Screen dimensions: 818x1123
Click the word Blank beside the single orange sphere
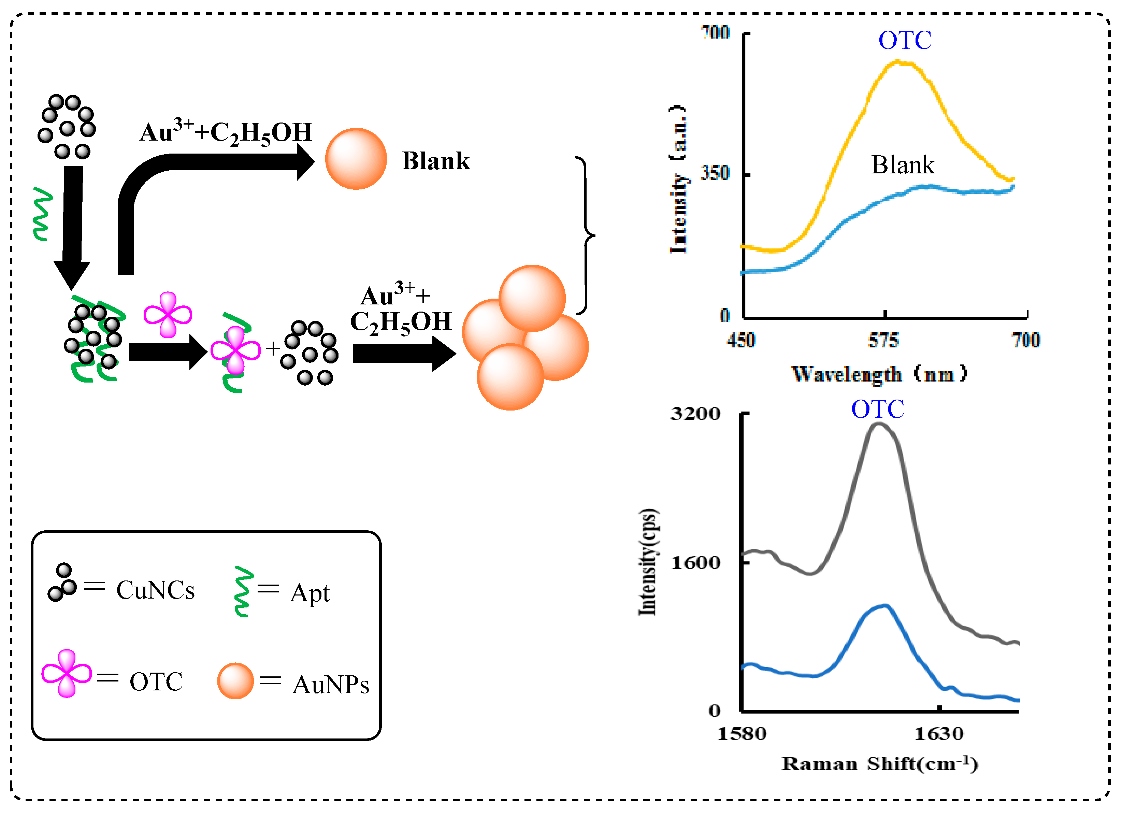[436, 161]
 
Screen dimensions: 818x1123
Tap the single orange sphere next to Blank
[356, 159]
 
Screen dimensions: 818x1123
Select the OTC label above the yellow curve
[905, 40]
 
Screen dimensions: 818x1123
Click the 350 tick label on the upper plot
[715, 173]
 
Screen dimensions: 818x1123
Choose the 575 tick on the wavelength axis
[883, 340]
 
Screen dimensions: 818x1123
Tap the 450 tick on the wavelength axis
[741, 340]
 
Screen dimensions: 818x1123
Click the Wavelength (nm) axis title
[879, 374]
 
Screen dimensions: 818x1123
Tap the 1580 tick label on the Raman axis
[742, 733]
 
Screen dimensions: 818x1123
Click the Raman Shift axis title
[879, 764]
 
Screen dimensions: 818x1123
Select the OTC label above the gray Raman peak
[877, 410]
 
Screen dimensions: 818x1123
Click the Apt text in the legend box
[310, 593]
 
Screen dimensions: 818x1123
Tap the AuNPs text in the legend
[331, 685]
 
